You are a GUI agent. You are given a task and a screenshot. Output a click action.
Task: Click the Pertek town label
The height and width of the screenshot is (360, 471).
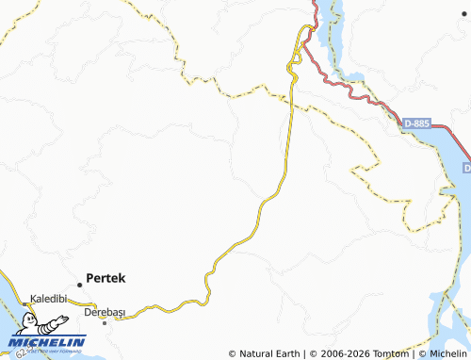coord(106,278)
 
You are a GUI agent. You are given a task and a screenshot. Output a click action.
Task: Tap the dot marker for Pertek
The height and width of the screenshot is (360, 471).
coord(80,284)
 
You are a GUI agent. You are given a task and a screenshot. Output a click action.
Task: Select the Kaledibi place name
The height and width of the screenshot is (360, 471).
coord(48,298)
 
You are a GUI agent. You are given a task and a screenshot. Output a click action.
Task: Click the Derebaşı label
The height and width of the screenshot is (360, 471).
coord(105,311)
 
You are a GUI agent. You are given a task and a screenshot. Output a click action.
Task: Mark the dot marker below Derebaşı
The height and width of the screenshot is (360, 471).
coord(105,323)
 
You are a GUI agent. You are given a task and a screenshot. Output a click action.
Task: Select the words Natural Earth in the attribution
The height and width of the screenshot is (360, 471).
coord(270,353)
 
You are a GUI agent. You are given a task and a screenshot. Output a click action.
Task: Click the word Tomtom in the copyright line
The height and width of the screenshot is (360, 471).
coord(389,353)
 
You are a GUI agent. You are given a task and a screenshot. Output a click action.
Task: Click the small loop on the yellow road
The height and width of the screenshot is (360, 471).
coord(294,57)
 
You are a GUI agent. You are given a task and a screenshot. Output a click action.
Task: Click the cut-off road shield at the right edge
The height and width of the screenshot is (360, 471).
coord(466,167)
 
